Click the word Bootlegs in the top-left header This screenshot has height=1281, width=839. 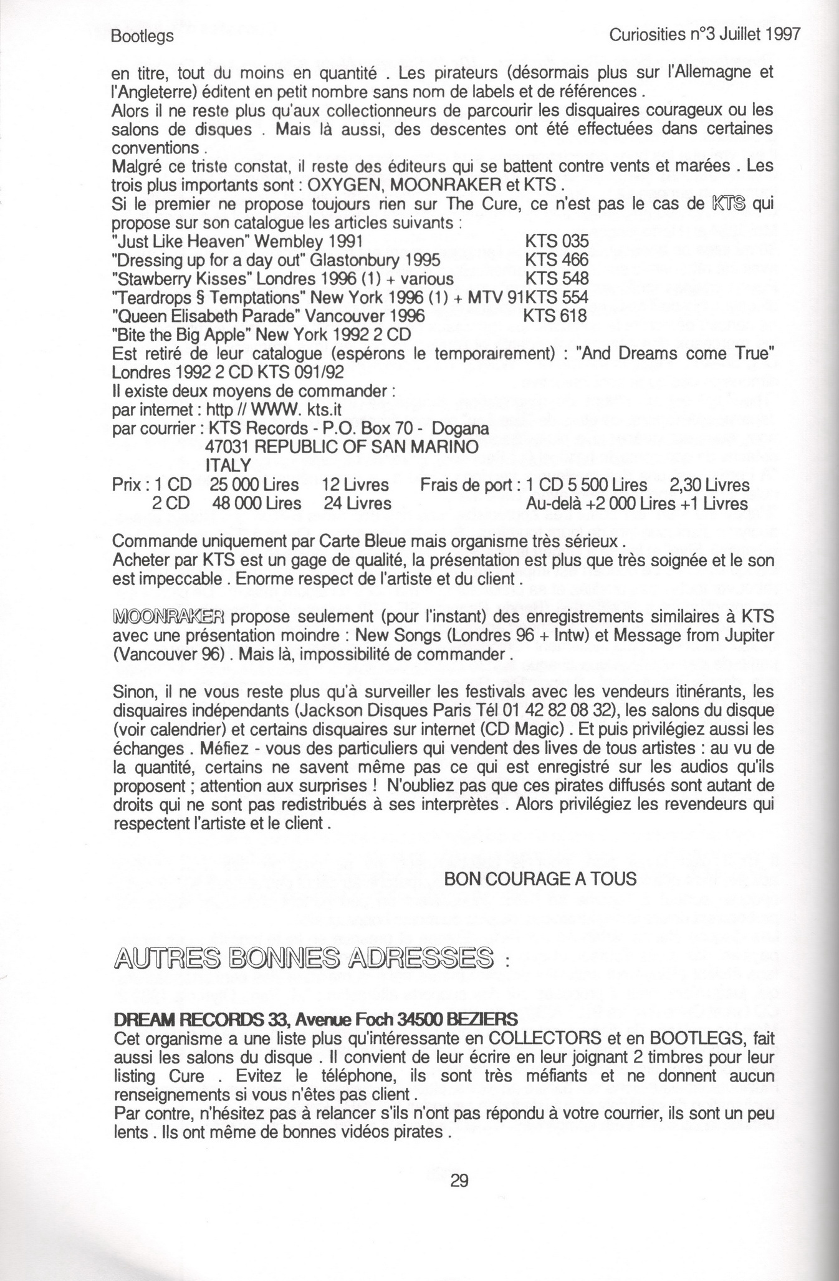point(142,37)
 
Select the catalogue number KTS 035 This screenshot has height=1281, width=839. point(557,241)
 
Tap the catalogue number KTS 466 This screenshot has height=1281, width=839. point(557,259)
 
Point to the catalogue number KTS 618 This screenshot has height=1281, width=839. point(555,316)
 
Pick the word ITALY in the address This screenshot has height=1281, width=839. point(228,466)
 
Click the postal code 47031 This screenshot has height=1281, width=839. point(228,447)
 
